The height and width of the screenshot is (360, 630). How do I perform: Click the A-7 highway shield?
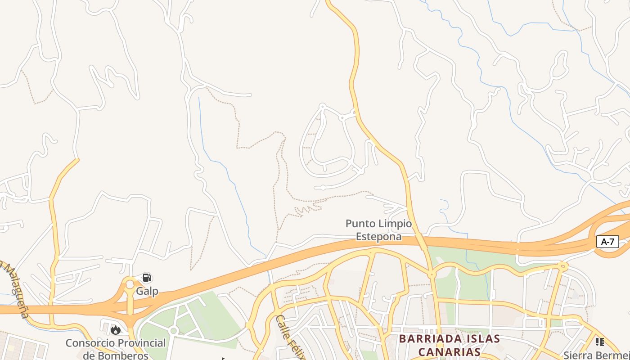[607, 242]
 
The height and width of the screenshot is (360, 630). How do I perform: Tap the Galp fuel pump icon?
[147, 278]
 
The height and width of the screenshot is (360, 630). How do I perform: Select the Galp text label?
[147, 291]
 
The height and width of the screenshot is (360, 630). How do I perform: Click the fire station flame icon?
[116, 330]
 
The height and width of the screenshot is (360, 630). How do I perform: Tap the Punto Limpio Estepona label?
[378, 230]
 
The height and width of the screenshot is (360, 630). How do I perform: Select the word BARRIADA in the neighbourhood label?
[431, 338]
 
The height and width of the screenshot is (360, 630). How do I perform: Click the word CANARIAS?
[449, 351]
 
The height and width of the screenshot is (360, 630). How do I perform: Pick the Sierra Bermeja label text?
[597, 355]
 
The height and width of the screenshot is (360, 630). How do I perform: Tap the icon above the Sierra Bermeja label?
[599, 342]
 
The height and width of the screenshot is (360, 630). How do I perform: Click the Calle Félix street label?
[291, 337]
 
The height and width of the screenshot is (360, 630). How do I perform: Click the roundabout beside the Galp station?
[130, 284]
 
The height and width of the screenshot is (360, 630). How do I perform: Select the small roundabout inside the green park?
[173, 331]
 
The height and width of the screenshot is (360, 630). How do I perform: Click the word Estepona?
[378, 236]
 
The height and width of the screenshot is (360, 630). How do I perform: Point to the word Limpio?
[395, 224]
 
